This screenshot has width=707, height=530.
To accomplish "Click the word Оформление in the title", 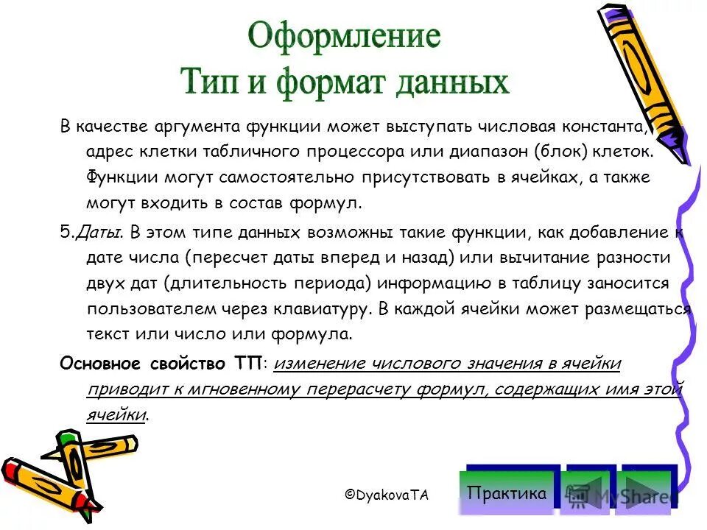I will coord(344,36).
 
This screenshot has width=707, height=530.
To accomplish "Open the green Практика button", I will coord(508,492).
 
